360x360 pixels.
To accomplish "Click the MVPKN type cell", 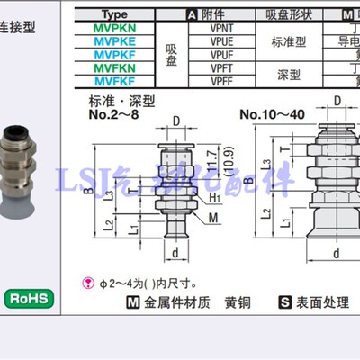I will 128,28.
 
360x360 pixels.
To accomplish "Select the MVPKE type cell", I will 128,40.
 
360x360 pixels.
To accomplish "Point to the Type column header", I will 128,15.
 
